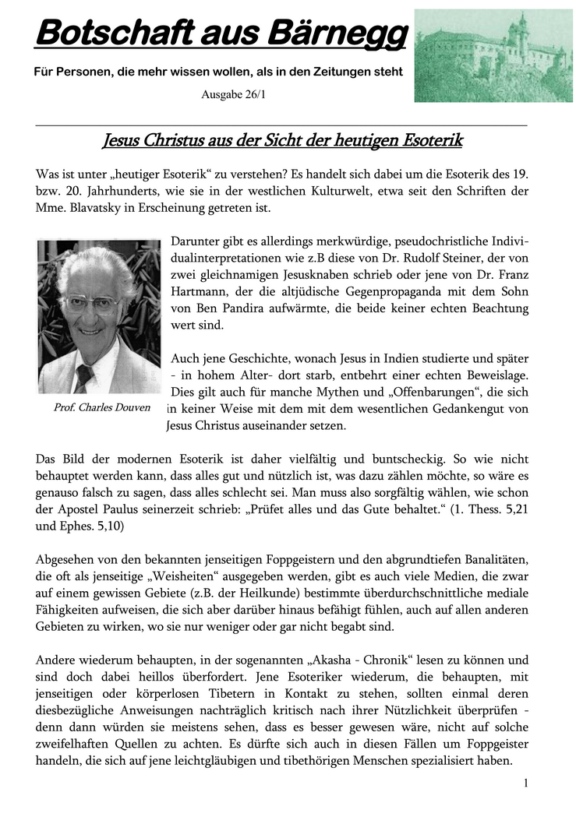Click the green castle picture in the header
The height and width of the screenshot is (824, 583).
click(493, 55)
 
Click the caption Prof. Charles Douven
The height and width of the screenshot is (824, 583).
click(102, 407)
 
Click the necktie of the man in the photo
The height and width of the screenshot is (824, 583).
click(83, 376)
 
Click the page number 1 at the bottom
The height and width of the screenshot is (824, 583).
click(525, 783)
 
